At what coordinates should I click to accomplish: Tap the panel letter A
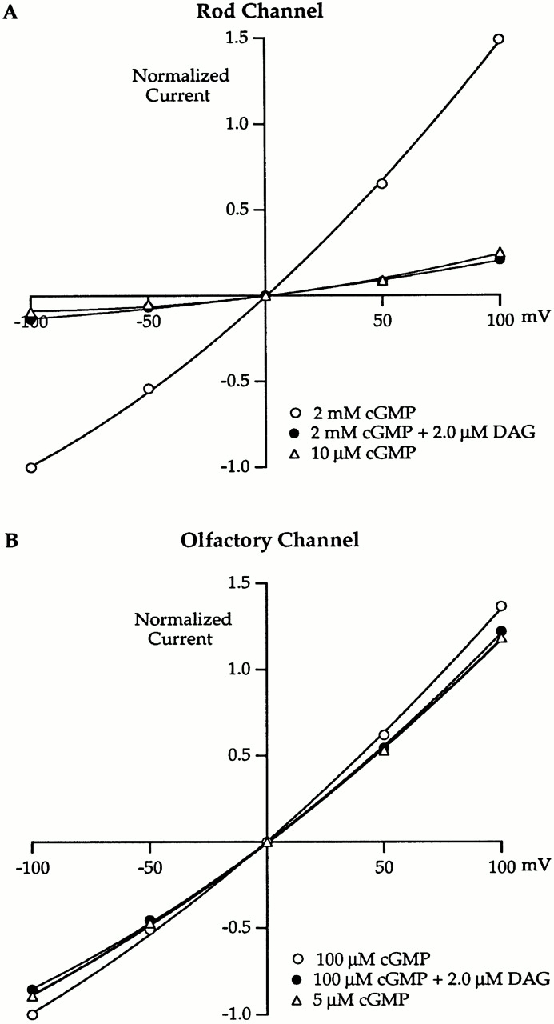click(11, 11)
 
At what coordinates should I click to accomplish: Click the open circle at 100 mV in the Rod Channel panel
click(500, 38)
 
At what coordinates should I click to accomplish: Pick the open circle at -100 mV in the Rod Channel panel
click(31, 468)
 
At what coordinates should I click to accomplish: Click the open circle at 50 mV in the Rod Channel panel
click(382, 184)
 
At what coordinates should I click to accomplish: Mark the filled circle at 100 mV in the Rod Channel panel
click(500, 259)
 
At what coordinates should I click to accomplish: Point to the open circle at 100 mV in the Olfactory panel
click(501, 606)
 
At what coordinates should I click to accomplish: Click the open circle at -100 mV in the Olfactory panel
click(31, 1014)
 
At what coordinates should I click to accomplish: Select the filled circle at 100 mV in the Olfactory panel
click(501, 631)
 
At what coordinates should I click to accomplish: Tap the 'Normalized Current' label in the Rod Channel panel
click(181, 85)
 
